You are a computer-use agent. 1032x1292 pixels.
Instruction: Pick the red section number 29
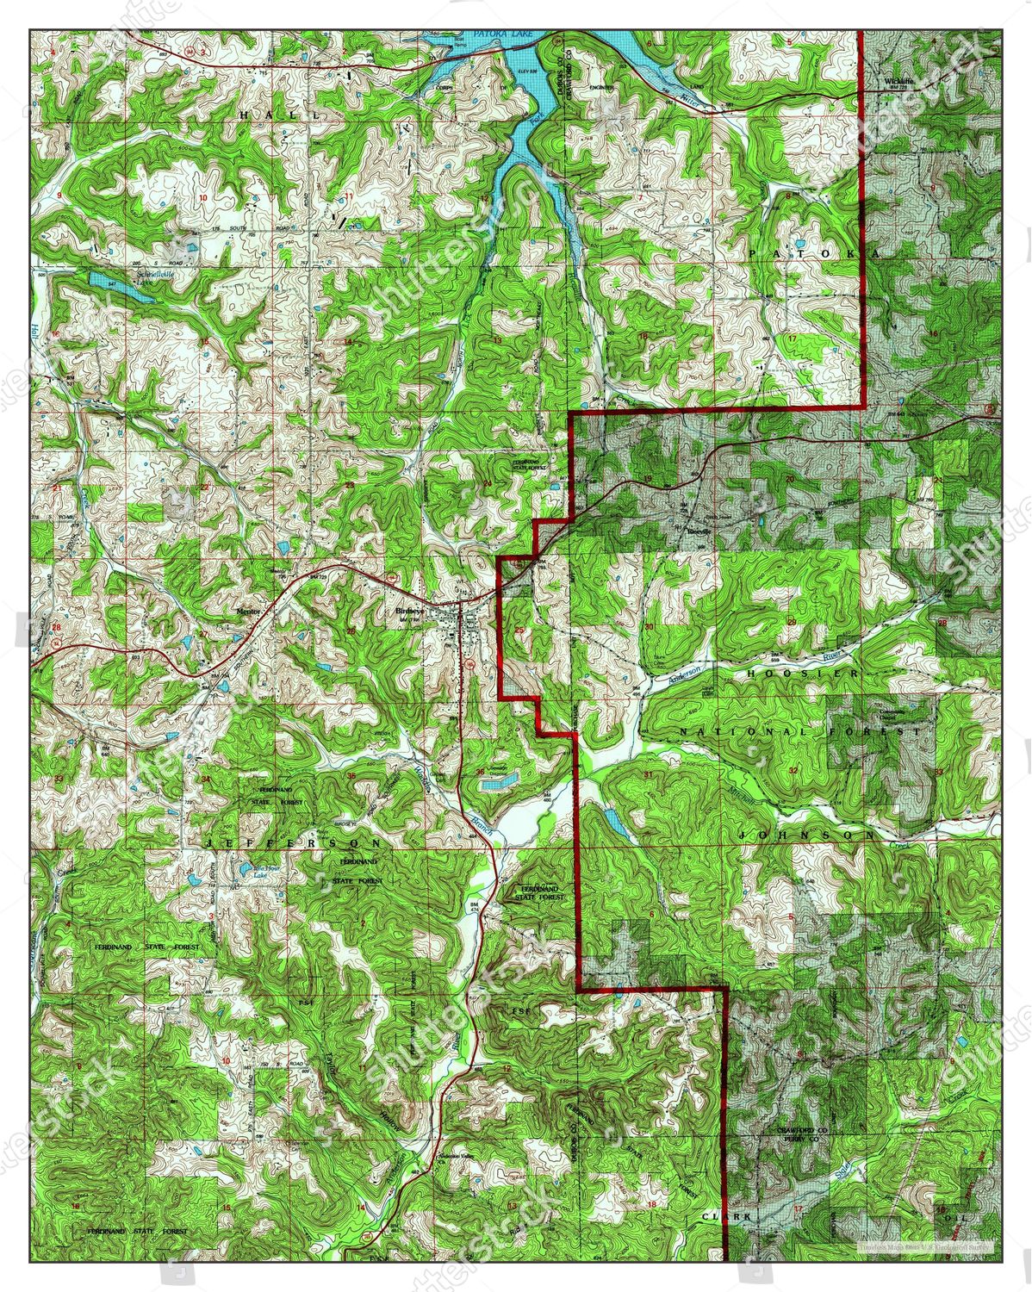[792, 621]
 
